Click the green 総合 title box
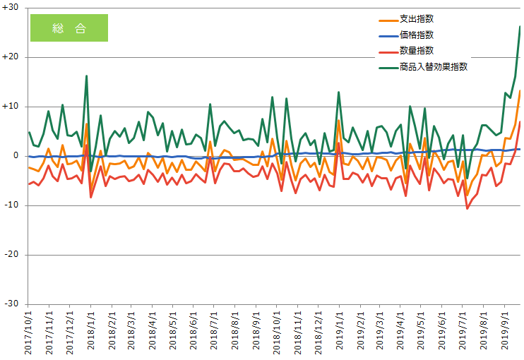coord(69,28)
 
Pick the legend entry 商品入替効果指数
coord(433,67)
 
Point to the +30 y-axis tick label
coord(11,8)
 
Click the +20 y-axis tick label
coord(11,57)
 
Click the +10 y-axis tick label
coord(11,107)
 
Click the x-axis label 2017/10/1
coord(29,332)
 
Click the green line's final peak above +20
coord(520,27)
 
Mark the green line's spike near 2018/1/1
coord(86,76)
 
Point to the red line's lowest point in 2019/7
coord(467,208)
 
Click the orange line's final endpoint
coord(520,91)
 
